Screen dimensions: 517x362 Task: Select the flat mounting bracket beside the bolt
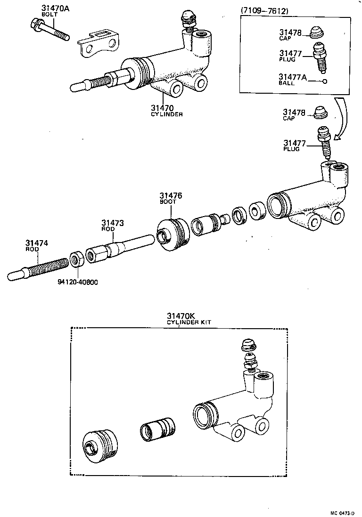(98, 44)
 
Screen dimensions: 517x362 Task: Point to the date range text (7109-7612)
(265, 10)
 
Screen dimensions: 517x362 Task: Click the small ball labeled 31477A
(325, 81)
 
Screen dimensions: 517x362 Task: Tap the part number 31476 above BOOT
(170, 195)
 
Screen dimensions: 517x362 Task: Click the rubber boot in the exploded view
(172, 234)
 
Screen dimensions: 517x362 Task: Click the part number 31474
(37, 243)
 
